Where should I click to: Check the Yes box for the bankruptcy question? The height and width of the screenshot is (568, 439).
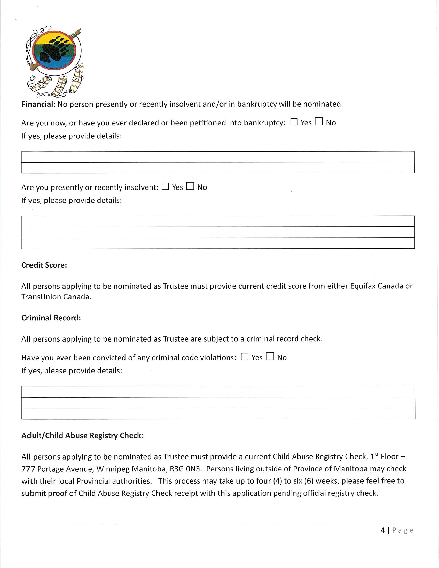click(294, 122)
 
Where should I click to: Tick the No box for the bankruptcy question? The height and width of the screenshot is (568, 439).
click(319, 121)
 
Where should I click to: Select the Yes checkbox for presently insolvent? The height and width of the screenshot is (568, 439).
click(165, 186)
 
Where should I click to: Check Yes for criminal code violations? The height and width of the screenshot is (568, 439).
click(245, 357)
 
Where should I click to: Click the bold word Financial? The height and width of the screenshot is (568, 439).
click(37, 104)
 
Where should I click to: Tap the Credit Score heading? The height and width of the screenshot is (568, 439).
click(44, 265)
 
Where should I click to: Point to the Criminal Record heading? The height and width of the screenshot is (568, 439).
click(51, 318)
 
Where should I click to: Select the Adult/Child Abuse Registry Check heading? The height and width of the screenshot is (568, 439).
click(82, 436)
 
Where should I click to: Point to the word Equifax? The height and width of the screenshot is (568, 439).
click(363, 286)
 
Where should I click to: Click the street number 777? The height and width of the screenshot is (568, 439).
click(28, 469)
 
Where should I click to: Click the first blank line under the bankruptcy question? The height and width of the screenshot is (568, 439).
click(218, 157)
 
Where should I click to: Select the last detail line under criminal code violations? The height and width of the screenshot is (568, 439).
click(218, 414)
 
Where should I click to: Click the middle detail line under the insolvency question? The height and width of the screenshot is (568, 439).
click(218, 232)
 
